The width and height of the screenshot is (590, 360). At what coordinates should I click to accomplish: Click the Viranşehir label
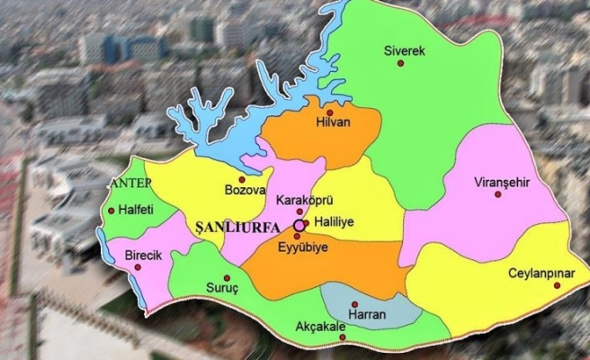501,183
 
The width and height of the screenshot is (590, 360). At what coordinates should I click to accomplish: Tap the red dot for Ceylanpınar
557,285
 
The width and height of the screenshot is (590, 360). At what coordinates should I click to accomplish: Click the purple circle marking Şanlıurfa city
299,224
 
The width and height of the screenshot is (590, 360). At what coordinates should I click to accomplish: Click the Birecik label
141,256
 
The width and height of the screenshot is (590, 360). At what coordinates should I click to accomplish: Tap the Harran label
368,316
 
